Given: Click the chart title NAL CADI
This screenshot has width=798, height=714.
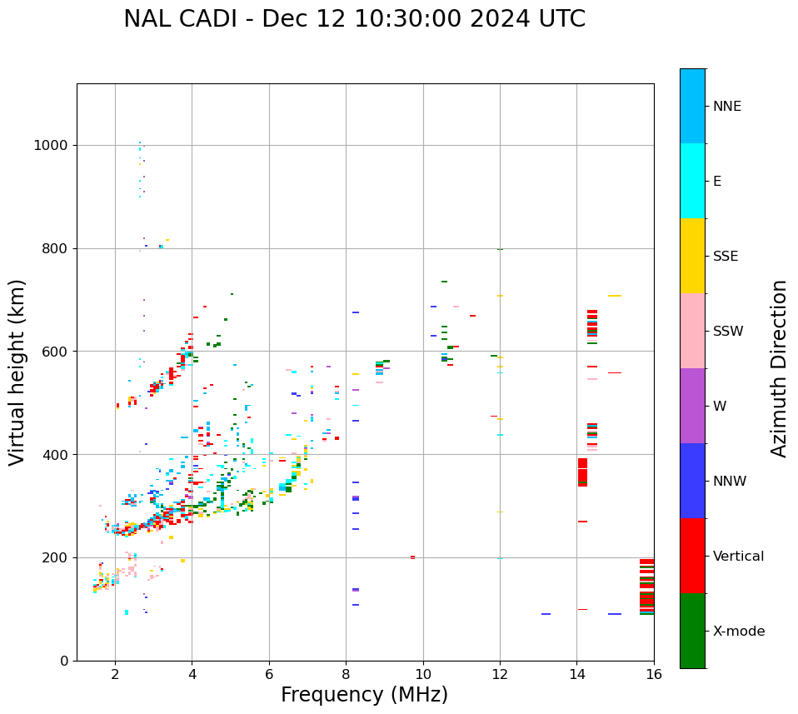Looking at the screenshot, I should [354, 19].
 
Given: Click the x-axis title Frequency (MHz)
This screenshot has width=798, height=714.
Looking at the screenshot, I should [364, 695].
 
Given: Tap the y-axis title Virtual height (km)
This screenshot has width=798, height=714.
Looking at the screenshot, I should [18, 372].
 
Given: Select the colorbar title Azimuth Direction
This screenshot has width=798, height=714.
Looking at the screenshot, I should [779, 368].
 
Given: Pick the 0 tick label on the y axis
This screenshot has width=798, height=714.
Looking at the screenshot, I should [63, 661].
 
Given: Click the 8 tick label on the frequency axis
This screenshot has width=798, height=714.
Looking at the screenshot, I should [346, 673].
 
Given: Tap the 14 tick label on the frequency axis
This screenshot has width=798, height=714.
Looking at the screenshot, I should [576, 673].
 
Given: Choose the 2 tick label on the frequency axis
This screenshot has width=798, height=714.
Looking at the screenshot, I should [115, 673].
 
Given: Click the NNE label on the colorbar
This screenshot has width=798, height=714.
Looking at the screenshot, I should [726, 107].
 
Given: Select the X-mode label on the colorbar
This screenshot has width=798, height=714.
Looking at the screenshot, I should [738, 632].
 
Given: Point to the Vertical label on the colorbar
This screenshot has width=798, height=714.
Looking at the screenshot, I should [738, 557].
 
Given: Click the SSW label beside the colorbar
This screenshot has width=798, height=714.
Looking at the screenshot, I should [727, 332].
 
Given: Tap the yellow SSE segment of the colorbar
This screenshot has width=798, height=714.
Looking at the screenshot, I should [692, 256].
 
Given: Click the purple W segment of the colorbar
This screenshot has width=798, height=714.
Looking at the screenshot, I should [692, 406].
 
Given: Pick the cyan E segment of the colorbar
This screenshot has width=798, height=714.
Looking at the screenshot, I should [692, 181].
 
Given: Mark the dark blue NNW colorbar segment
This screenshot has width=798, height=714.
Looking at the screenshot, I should [692, 481].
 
